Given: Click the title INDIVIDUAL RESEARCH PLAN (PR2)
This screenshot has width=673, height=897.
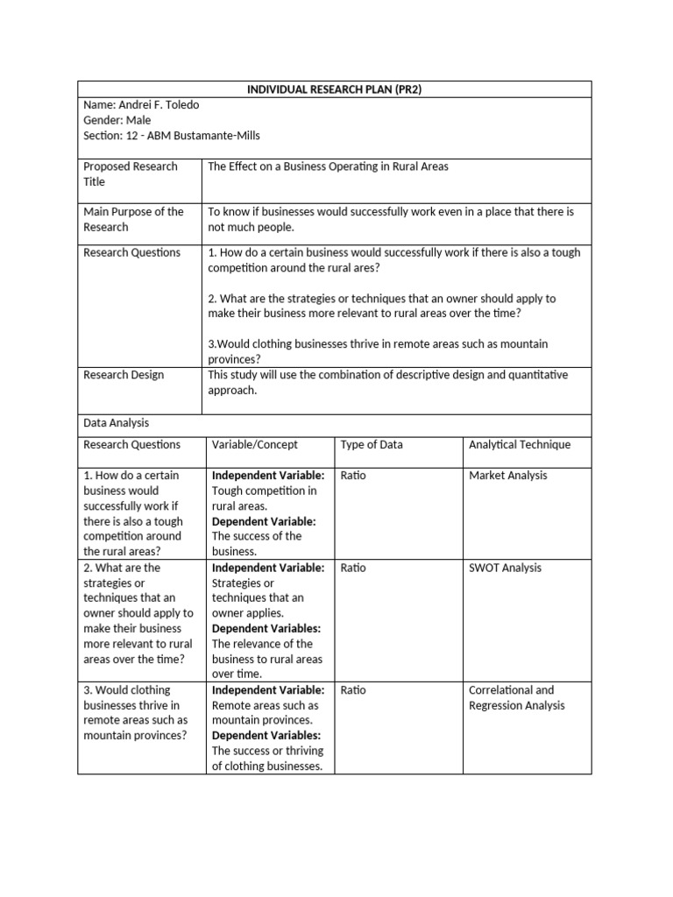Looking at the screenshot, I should (x=335, y=89).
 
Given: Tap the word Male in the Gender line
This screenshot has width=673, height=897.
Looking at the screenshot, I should (x=138, y=120).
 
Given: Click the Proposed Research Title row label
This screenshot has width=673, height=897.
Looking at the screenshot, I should (x=130, y=174).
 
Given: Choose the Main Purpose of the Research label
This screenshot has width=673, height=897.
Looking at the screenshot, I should (x=133, y=219).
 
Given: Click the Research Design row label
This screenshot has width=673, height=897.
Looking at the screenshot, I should (x=124, y=375).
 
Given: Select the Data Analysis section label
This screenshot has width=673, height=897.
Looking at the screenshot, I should (x=117, y=422).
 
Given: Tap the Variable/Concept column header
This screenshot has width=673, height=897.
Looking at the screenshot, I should (x=255, y=445).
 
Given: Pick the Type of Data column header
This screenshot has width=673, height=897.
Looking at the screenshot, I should (x=372, y=445).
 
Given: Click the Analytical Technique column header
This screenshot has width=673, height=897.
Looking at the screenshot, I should (x=520, y=445).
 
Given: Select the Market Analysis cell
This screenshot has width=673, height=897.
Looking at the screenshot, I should (x=508, y=476).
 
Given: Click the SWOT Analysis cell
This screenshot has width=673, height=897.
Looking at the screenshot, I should (x=506, y=568).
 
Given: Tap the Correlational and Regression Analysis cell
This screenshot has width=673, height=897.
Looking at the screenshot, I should (x=517, y=698).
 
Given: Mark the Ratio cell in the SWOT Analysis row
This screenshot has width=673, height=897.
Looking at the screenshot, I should (x=353, y=568).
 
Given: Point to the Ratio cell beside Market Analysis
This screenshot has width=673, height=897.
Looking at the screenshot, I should (x=353, y=476).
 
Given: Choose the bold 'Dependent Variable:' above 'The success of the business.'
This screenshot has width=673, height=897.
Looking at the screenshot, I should (x=265, y=521).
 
